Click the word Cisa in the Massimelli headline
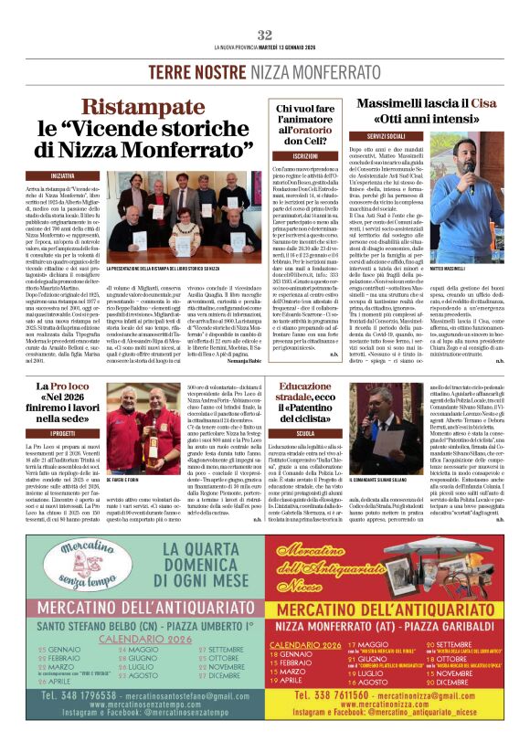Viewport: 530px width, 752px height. [482, 103]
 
